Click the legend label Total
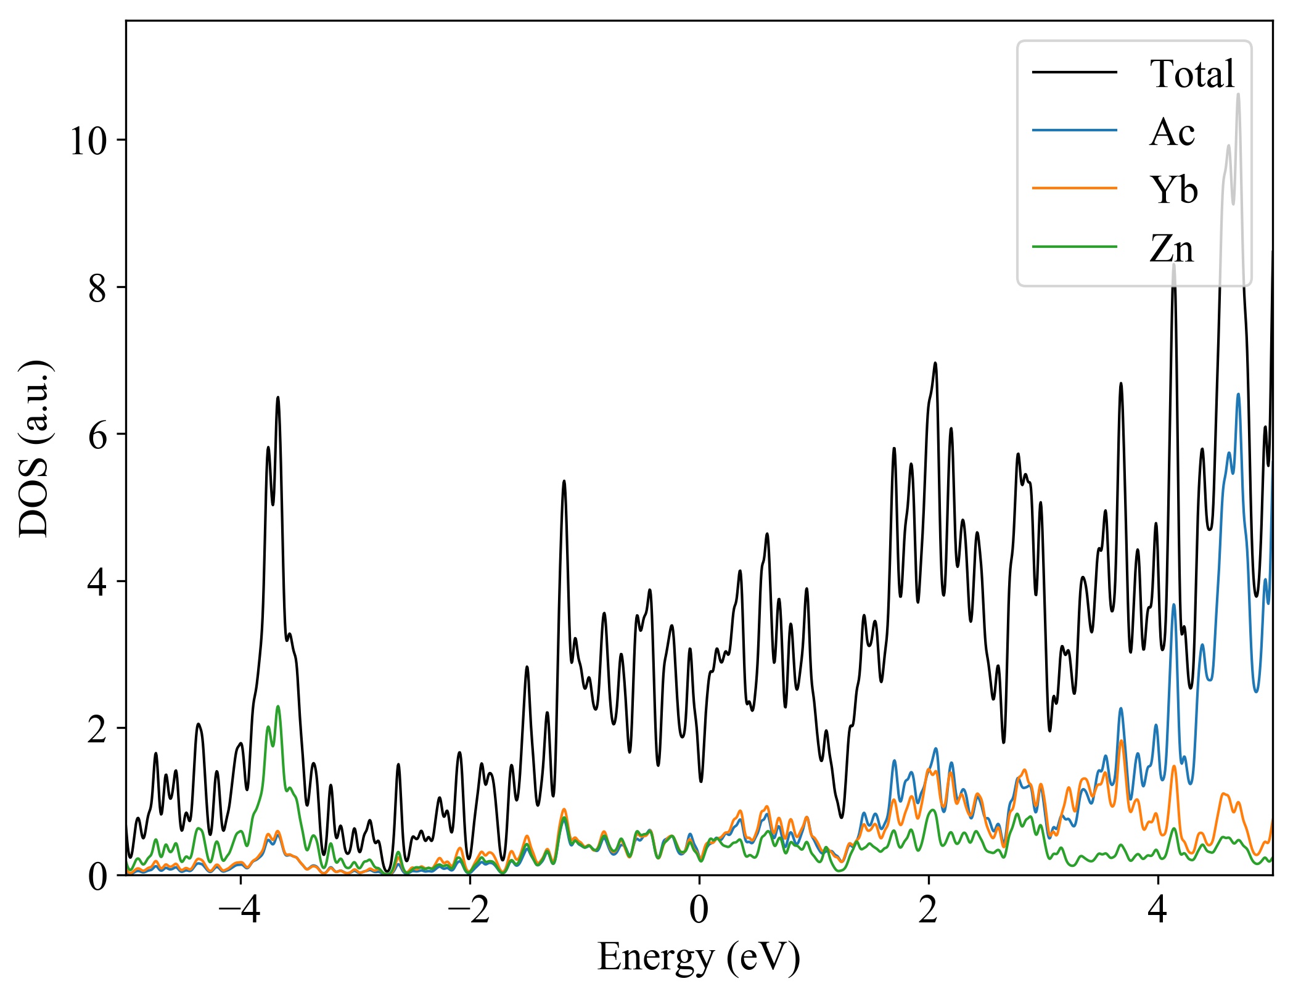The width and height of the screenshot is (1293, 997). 1192,74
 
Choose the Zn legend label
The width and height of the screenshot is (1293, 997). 1172,248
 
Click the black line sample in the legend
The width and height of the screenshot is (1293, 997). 1074,73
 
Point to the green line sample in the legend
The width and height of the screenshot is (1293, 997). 1074,247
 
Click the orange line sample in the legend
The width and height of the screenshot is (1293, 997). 1074,188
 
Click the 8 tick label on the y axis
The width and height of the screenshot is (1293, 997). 97,289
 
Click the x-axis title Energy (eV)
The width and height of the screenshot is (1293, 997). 699,958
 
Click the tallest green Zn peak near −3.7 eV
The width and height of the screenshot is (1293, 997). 278,707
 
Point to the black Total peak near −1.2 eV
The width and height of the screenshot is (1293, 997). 564,482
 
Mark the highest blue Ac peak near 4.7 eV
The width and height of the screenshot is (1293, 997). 1238,394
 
